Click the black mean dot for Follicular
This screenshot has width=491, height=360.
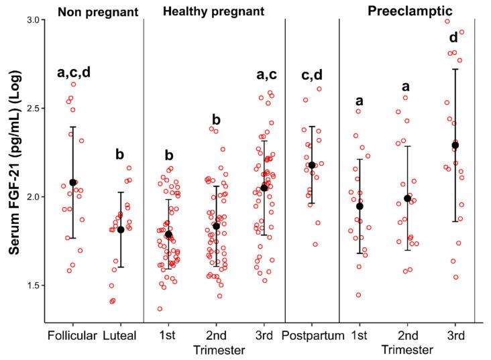click(73, 182)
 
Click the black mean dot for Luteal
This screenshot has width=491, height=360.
click(121, 230)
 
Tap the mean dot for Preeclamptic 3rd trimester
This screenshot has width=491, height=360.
click(455, 145)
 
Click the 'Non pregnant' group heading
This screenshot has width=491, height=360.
click(93, 11)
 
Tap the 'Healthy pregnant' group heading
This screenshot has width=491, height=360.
click(213, 11)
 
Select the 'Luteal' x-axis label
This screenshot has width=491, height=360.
click(121, 335)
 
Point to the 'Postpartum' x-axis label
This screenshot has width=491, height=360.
click(312, 335)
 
